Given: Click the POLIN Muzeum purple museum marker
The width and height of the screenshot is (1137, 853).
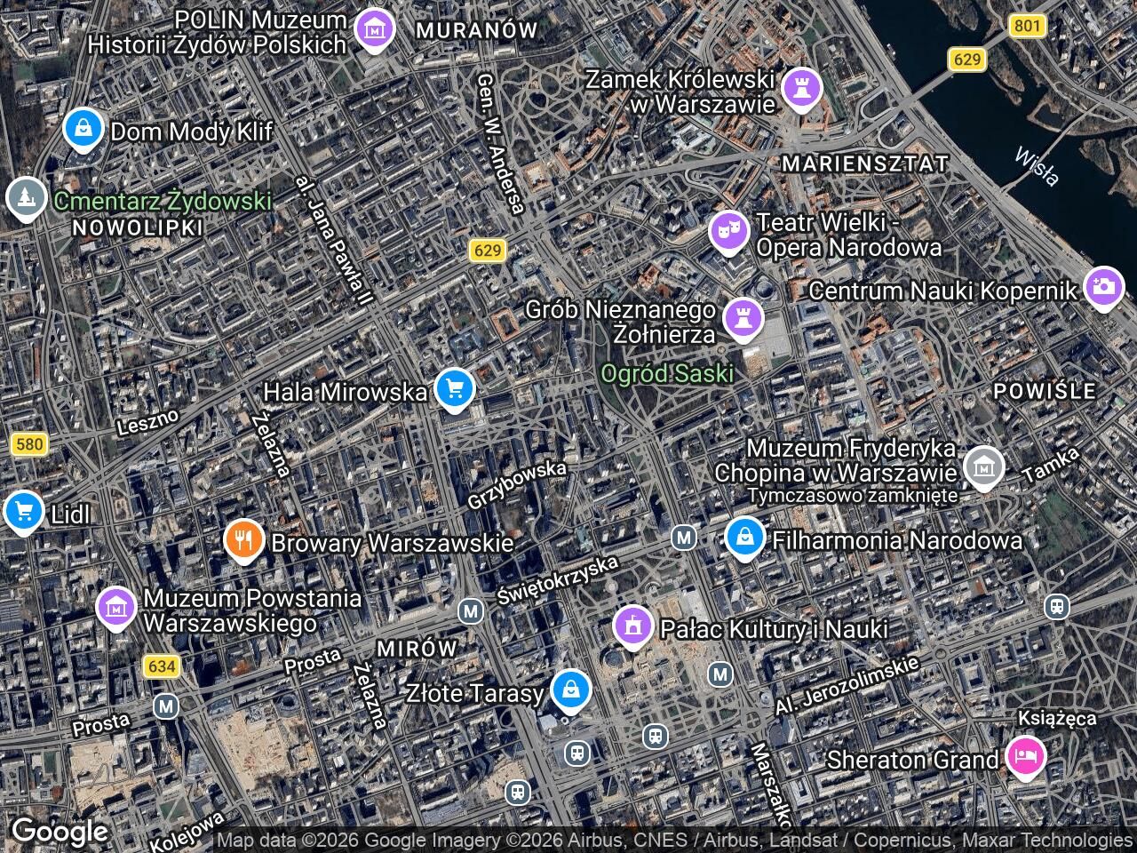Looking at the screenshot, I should (375, 29).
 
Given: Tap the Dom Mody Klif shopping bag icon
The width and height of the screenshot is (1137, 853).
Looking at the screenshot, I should (83, 130).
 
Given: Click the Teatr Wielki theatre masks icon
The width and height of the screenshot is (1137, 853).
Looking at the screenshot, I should (729, 231).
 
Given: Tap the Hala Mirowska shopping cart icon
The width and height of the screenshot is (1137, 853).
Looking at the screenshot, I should (455, 388).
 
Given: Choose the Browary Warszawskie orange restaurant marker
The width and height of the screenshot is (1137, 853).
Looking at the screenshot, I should (243, 538).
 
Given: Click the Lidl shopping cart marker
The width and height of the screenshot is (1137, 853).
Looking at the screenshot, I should (24, 511).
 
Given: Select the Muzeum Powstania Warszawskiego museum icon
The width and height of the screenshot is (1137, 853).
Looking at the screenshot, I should (116, 608).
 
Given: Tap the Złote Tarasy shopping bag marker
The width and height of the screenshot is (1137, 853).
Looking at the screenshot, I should (570, 690).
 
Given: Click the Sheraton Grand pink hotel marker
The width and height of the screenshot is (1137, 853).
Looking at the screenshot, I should (1025, 757).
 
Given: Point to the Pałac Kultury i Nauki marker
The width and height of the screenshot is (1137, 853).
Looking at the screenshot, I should (633, 626).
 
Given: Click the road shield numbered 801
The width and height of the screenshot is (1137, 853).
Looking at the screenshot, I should (1026, 26).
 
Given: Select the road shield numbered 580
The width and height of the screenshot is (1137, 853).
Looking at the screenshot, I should (29, 443).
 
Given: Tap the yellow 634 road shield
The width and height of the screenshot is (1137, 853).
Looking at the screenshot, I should (163, 666).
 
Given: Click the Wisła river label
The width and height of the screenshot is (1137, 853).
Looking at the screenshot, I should (1037, 166).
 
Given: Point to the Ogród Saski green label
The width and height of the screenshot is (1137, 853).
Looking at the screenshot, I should (667, 373).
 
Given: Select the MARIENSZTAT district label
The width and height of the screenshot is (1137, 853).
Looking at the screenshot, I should (864, 163).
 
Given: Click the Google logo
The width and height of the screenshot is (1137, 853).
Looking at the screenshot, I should (60, 832).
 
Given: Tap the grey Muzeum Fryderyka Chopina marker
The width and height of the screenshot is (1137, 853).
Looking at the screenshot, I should (984, 466).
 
